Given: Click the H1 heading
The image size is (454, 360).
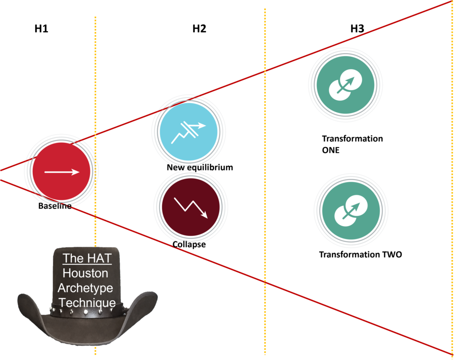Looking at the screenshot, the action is point(41,29).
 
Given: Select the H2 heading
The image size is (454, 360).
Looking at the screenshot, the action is point(200,29).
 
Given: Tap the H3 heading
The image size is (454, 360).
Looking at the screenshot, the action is point(357,29).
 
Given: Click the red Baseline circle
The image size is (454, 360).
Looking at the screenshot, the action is point(61,171).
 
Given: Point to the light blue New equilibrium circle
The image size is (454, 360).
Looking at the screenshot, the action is point(188,132).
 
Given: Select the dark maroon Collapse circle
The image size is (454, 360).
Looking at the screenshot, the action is point(191,207).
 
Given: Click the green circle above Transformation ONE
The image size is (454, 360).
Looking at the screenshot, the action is point(345,85).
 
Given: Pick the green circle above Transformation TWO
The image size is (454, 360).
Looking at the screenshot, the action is point(351,211).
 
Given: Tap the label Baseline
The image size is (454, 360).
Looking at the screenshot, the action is point(55,206).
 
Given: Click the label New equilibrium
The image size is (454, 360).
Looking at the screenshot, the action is point(200,168).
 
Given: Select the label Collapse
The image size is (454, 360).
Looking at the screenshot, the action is point(189,244).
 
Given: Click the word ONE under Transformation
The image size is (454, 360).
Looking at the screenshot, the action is point(331,150).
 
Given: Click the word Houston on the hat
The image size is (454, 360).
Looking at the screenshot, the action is point(86,273).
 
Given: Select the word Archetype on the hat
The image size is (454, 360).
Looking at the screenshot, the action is point(86,288).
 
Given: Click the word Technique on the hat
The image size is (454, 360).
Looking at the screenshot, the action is point(87,303).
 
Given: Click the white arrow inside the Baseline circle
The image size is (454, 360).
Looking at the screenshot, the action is point(62,172).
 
